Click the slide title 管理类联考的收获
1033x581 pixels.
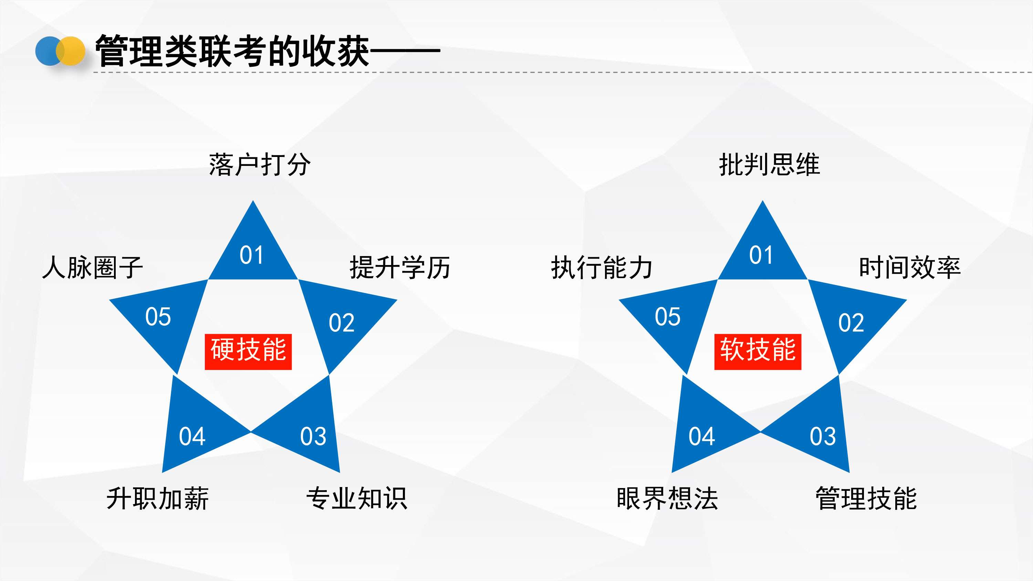(232, 51)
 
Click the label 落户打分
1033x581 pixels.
(259, 165)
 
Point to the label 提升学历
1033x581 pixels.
(400, 267)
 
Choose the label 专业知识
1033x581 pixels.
(356, 498)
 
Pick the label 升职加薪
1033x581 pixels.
(158, 498)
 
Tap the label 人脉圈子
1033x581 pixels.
(93, 267)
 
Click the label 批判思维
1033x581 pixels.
(769, 165)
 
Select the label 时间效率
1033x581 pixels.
(909, 267)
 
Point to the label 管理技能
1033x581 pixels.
(866, 498)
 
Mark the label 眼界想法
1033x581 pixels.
(667, 498)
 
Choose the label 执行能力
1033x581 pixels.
(602, 267)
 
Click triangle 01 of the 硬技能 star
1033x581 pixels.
(253, 253)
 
